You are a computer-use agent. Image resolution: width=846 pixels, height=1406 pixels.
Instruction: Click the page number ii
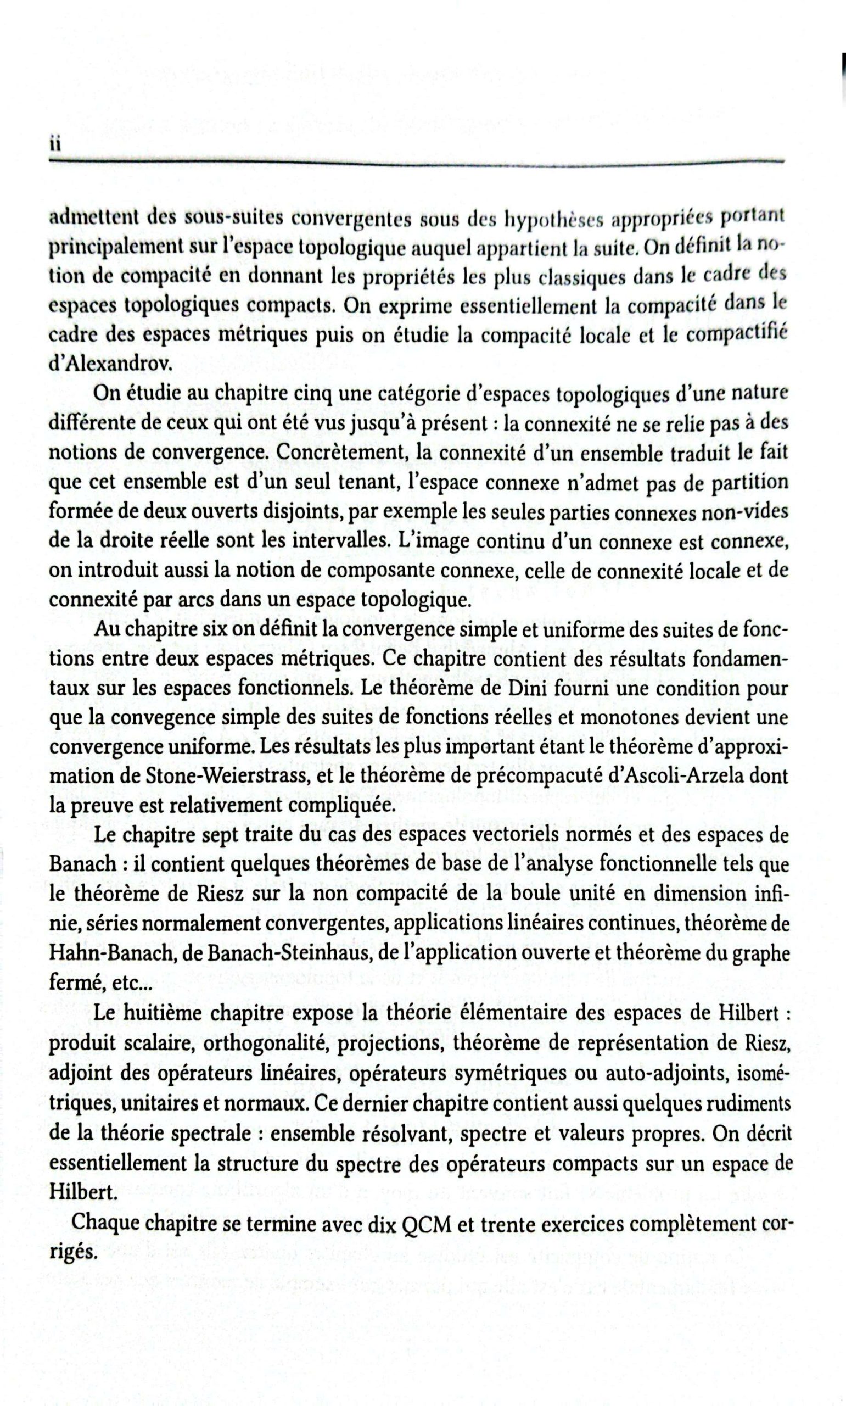(55, 145)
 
